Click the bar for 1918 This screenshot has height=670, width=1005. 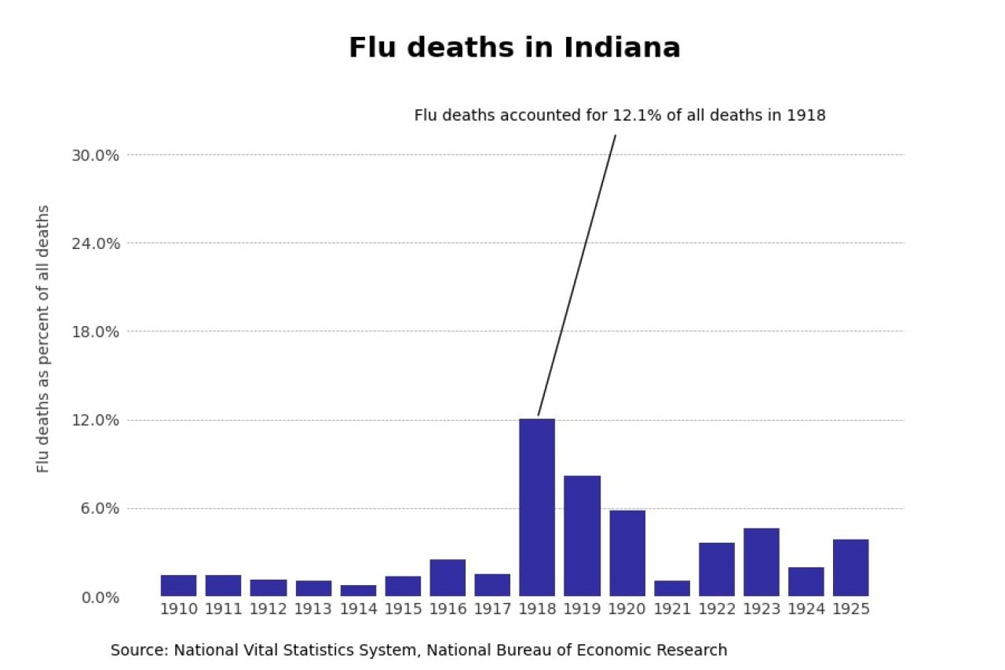coord(537,507)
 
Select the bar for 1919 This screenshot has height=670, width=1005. coord(582,536)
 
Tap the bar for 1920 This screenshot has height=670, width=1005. coord(627,553)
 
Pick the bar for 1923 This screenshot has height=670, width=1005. coord(762,562)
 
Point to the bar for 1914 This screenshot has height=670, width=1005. coord(358,591)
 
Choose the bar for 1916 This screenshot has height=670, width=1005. coord(448,577)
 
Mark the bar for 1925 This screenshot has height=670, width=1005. coord(851,567)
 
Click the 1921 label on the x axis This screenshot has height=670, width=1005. coord(672,610)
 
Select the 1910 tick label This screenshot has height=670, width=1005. coord(178,610)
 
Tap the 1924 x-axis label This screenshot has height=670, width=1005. coord(806,610)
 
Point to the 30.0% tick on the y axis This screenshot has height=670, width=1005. coord(95,156)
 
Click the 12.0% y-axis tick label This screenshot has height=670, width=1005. coord(95,420)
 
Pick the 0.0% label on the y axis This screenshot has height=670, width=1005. coord(99,598)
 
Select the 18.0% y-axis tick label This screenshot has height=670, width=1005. coord(95,331)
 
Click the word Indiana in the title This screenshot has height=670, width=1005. coord(622,48)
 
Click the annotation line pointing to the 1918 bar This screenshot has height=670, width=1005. coord(577,275)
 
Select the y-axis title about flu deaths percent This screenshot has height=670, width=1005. coord(43,339)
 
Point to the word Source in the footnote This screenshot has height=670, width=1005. coord(137,650)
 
